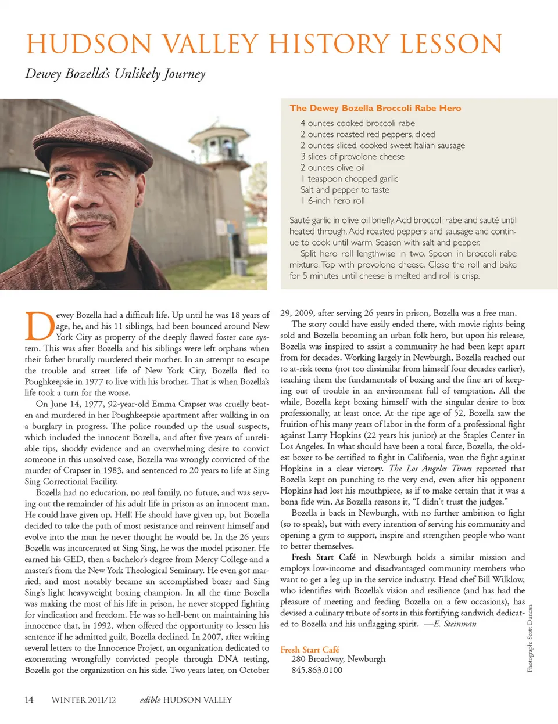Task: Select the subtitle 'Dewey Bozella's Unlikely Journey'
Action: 115,74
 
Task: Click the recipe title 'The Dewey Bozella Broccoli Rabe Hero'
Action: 375,108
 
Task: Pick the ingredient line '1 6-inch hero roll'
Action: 333,201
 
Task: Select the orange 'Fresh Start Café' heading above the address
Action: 309,650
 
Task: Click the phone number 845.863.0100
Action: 317,670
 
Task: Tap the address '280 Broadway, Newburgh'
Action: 338,659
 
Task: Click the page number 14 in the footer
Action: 29,700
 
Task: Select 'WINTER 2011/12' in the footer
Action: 83,700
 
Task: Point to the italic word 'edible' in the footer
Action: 150,700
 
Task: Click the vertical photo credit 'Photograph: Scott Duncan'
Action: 530,639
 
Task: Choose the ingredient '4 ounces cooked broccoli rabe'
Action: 357,123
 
